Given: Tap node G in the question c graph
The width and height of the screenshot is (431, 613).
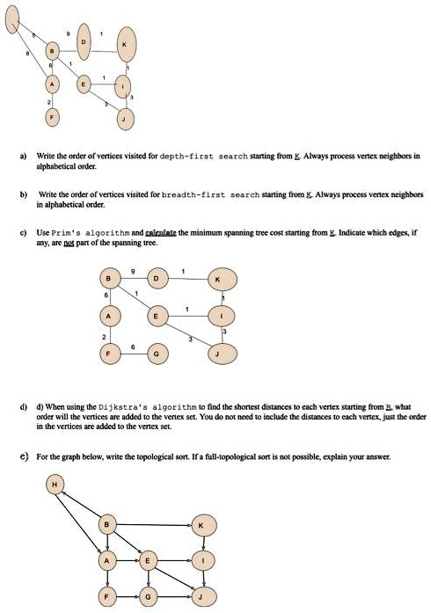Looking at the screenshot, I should tap(157, 353).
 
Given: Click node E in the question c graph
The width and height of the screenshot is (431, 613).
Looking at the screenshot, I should tap(158, 315).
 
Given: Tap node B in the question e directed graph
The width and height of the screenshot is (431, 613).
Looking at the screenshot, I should tap(108, 525).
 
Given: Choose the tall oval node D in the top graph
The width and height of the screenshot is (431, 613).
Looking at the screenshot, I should tap(84, 41).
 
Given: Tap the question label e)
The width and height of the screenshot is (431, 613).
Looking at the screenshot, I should tap(25, 458).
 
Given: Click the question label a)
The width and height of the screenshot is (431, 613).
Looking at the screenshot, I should tap(25, 155).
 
